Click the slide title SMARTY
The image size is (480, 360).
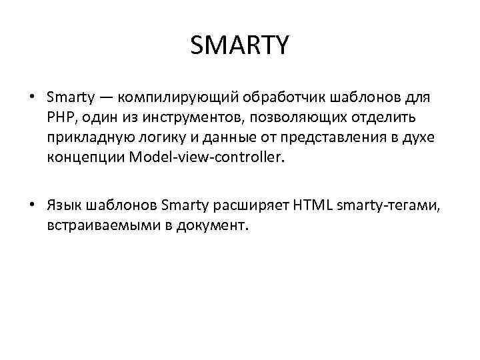coord(239,46)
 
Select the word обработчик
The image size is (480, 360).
coord(281,99)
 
